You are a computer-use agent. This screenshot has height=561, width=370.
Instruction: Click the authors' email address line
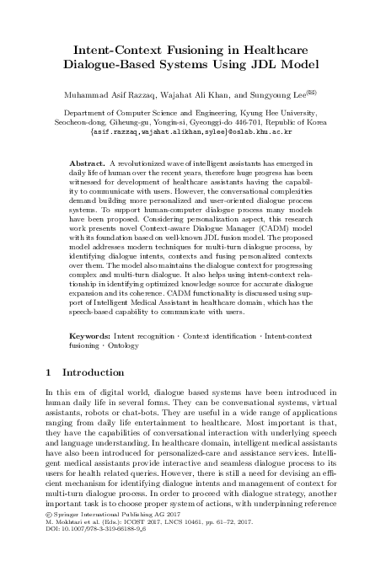tap(185, 132)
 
